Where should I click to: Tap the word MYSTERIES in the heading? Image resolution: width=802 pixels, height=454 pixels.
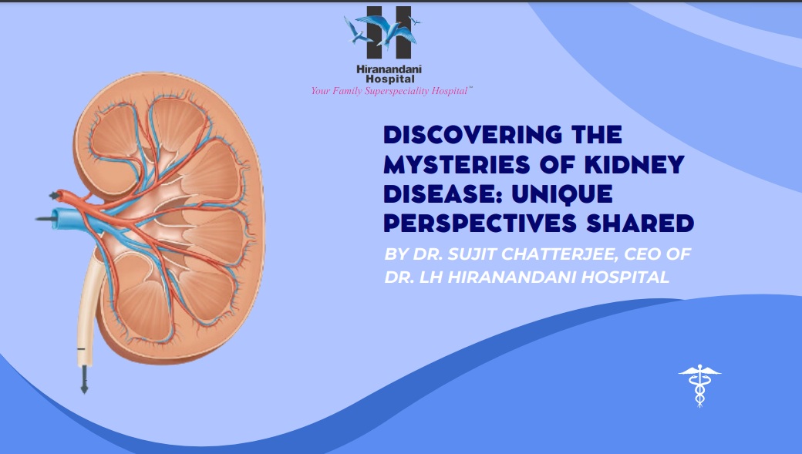[457, 165]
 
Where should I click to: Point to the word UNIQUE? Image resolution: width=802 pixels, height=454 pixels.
[561, 194]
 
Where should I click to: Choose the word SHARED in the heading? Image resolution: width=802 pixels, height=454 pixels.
[640, 224]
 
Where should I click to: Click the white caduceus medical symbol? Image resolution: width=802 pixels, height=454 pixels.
[699, 385]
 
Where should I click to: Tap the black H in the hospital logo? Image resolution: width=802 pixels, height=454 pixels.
[389, 32]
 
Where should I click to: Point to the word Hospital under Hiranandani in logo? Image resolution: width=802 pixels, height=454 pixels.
[389, 79]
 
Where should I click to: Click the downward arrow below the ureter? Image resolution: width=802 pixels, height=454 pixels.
[84, 380]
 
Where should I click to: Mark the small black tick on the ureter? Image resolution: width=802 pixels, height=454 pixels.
[81, 349]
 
